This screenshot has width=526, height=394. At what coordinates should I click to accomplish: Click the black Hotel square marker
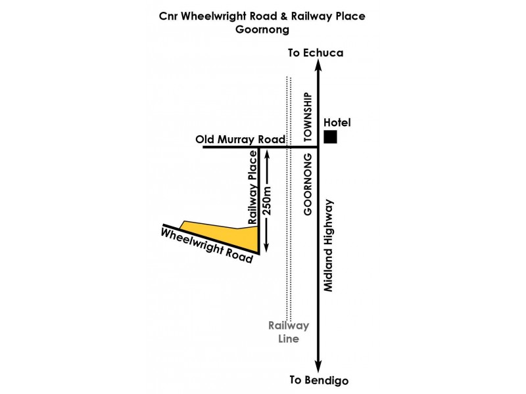pos(330,137)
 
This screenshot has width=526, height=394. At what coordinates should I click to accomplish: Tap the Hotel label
pos(337,123)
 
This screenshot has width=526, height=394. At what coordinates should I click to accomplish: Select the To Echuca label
pos(316,53)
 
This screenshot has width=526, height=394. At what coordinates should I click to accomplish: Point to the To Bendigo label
pos(319,380)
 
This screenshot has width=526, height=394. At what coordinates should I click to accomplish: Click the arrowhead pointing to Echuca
pos(318,65)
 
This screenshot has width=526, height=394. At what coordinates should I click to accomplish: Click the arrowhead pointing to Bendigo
pos(318,366)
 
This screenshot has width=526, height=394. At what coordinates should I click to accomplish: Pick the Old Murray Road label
pos(240,139)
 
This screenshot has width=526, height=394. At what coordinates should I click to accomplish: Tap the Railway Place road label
pos(252,187)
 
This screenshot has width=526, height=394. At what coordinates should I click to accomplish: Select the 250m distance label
pos(268,200)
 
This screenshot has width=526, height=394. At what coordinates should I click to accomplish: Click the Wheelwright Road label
pos(206,246)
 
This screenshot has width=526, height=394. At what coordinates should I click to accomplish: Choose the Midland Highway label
pos(328,246)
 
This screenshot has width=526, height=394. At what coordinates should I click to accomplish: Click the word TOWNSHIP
pos(308,117)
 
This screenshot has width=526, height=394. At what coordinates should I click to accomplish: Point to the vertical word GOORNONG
pos(308,185)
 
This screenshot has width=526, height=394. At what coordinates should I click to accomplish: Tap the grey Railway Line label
pos(289,332)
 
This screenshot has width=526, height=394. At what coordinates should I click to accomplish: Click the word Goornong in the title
pos(262,30)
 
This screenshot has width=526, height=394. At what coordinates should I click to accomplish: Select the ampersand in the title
pos(284,16)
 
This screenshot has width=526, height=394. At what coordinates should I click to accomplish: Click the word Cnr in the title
pos(168,16)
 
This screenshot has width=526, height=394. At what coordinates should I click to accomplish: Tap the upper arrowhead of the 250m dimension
pos(267,155)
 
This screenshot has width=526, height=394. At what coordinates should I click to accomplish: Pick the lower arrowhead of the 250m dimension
pos(266,247)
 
